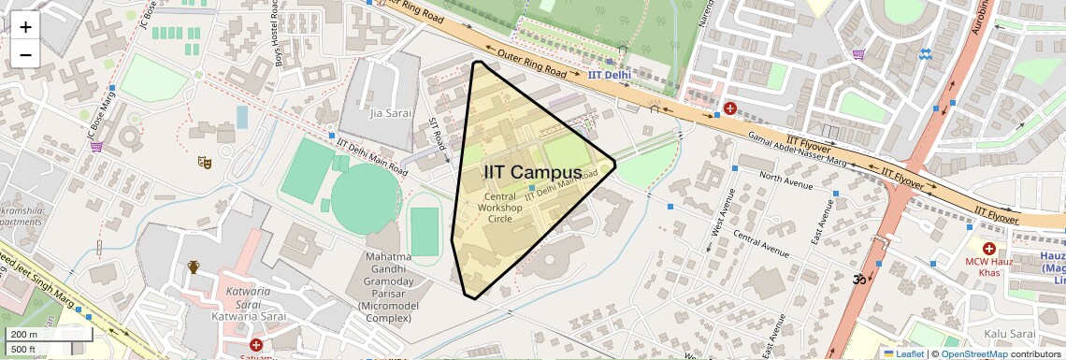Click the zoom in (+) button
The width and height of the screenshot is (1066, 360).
[x=25, y=27]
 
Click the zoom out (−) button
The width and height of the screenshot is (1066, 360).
[x=25, y=54]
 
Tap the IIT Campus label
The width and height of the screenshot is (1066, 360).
[x=532, y=172]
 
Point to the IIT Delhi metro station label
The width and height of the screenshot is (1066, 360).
[x=610, y=74]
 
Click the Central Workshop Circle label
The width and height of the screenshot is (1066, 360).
[x=500, y=208]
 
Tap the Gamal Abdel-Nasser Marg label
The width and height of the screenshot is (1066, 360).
[x=796, y=151]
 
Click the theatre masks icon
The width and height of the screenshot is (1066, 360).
[x=204, y=162]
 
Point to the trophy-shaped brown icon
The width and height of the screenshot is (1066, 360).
[x=194, y=267]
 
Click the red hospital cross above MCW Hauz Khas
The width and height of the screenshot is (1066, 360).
[x=988, y=249]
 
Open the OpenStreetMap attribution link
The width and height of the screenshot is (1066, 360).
[x=973, y=353]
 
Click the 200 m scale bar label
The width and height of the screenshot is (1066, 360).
[x=24, y=334]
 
